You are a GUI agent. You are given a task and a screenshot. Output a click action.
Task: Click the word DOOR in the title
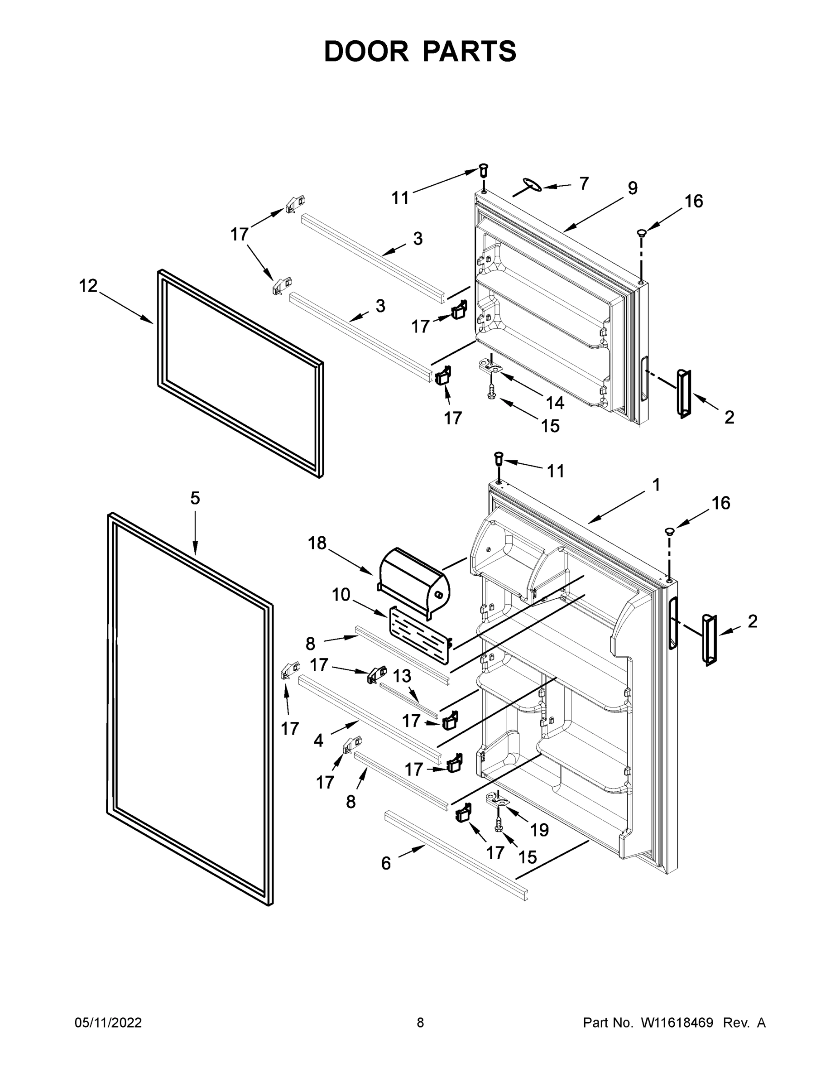point(366,52)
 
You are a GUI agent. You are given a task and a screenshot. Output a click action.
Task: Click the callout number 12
point(89,286)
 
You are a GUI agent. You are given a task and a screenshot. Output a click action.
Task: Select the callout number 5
point(195,498)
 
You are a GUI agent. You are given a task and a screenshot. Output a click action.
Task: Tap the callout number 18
point(317,543)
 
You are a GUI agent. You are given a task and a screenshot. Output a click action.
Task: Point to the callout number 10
point(341,595)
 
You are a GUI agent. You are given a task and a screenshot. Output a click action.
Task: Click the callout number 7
point(584,183)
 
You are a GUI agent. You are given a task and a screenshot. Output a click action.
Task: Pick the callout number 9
point(632,188)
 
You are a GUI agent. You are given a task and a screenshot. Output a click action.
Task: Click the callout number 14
point(555,403)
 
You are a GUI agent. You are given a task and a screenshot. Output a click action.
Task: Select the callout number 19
point(539,830)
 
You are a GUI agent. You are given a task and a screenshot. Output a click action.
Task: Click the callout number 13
point(402,676)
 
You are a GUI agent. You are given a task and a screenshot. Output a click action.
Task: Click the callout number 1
point(656,484)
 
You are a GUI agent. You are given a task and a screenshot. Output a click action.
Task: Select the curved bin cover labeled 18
point(414,580)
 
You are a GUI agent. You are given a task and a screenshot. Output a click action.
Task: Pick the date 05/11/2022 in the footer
point(108,1023)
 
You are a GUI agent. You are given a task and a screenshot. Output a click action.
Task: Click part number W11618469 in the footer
point(677,1023)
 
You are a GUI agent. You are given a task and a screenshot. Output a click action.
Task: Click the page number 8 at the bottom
point(420,1023)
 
